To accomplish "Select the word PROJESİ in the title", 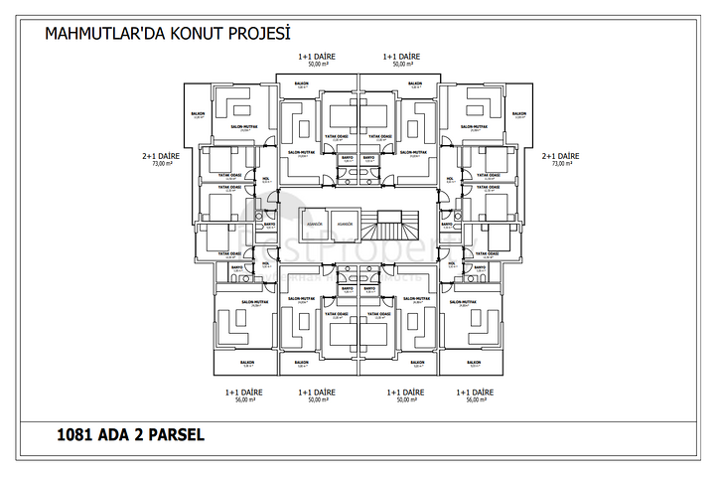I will [x=261, y=34].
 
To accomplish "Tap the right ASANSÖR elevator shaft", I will [x=343, y=225].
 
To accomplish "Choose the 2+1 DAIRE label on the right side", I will [x=560, y=156].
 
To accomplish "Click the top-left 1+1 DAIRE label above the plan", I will [x=318, y=56].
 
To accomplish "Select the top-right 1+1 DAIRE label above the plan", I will [x=401, y=56].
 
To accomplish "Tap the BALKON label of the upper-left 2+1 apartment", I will [x=198, y=113].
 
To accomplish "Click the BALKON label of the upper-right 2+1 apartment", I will [x=519, y=113].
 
